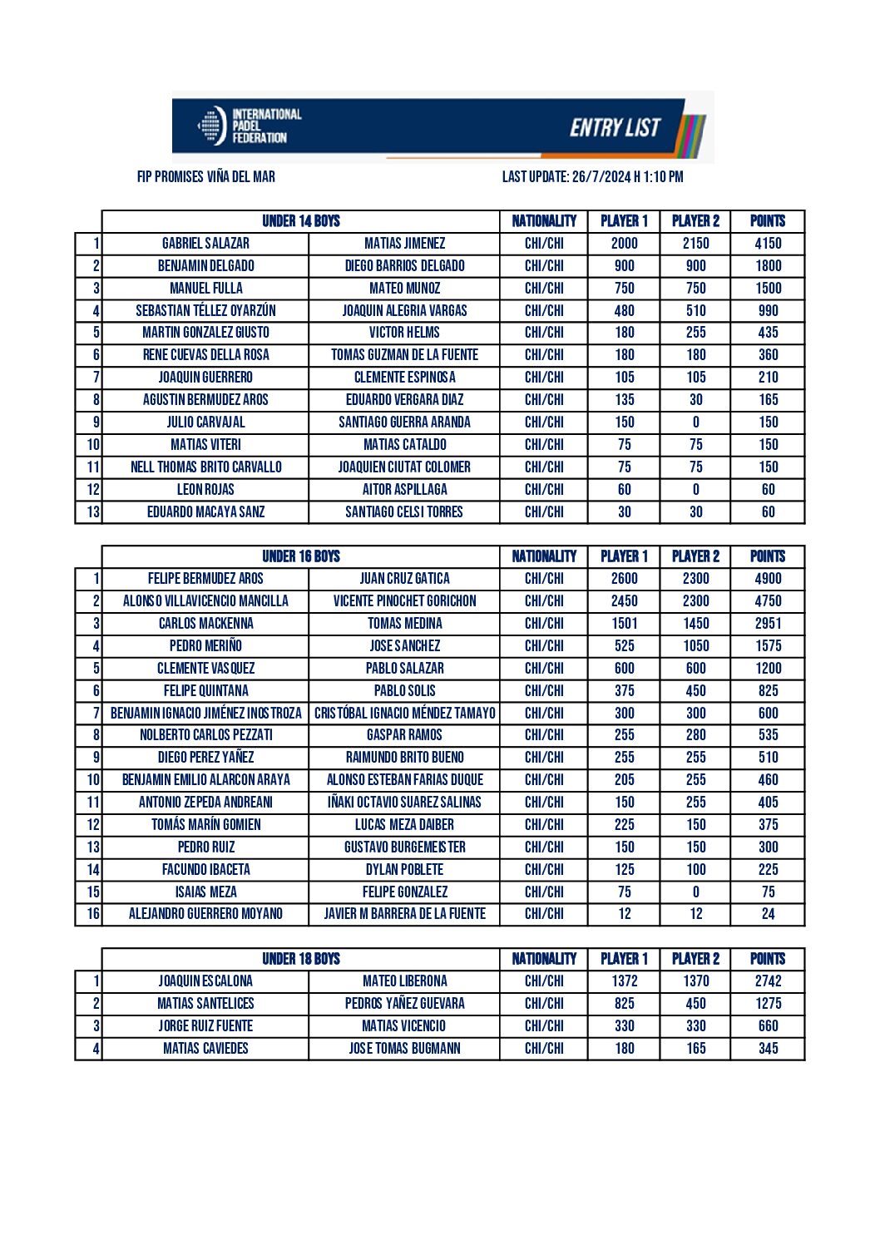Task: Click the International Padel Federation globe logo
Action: (x=211, y=126)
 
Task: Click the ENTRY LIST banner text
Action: (x=615, y=127)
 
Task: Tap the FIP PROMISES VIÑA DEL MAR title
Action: (x=206, y=176)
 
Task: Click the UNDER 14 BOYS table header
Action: (x=301, y=221)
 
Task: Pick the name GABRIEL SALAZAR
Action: (x=205, y=244)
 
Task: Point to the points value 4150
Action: (x=768, y=244)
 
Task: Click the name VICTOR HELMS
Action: (x=404, y=333)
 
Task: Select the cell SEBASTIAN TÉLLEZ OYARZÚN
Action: (x=205, y=311)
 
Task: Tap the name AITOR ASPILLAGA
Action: (x=404, y=490)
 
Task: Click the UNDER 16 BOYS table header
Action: (x=301, y=556)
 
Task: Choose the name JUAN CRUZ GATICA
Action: (x=404, y=579)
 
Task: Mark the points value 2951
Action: (x=768, y=624)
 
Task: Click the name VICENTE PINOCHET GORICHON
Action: (x=404, y=601)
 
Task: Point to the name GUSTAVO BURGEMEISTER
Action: (x=404, y=847)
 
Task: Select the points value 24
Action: (x=768, y=914)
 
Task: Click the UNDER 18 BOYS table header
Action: (x=301, y=959)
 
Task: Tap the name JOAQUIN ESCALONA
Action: (x=205, y=981)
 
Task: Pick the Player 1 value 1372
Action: (x=624, y=981)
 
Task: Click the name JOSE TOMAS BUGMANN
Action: (x=404, y=1049)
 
